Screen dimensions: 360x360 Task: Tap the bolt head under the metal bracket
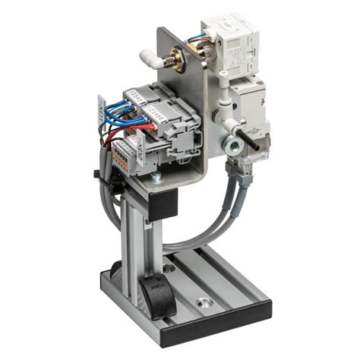pyautogui.click(x=156, y=178)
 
